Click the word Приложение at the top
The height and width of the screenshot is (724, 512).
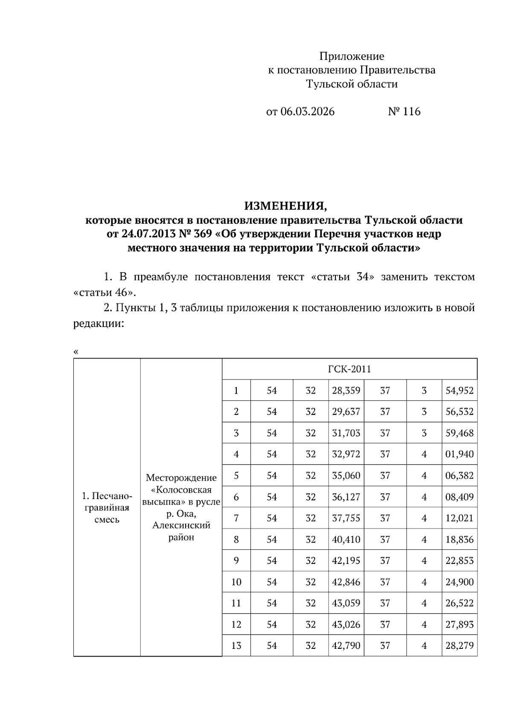pos(352,56)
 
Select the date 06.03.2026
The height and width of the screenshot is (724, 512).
pos(308,112)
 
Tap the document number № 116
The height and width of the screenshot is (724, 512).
pos(404,112)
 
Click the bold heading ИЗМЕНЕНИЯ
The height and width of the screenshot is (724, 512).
pos(285,207)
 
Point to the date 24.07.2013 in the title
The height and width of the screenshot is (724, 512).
pos(133,234)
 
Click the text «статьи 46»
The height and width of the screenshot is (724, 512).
pos(105,292)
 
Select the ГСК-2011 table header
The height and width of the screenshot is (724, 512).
pos(349,369)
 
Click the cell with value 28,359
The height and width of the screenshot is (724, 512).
pos(346,391)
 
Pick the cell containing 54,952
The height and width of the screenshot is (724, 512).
pos(460,391)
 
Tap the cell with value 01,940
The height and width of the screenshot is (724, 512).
pos(460,454)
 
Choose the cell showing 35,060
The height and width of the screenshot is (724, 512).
pos(346,476)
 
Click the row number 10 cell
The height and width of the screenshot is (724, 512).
pos(236,582)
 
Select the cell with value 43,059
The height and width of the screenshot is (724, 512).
pos(346,603)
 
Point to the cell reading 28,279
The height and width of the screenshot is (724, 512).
pos(460,645)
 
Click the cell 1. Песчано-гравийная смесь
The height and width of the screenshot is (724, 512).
pos(107,508)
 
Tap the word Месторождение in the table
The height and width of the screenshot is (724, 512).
pos(181,478)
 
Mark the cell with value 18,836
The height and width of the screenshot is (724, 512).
pos(460,540)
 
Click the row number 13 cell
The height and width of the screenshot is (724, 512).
pos(236,645)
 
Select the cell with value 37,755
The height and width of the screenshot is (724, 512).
pos(346,518)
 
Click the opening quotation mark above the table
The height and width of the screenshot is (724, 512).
pos(76,352)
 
